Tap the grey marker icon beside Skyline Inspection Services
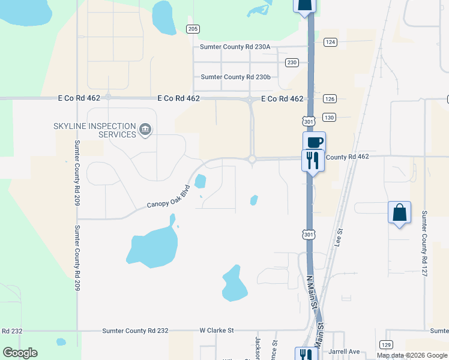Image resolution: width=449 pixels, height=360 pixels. (145, 130)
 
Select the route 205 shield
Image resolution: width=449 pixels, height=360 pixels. (193, 29)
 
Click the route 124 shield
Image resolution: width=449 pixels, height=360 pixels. (330, 42)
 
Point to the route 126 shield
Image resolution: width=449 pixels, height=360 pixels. (330, 99)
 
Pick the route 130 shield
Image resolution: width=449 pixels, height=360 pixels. (328, 117)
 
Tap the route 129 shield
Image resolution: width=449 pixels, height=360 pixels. (386, 344)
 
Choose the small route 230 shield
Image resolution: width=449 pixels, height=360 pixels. (292, 62)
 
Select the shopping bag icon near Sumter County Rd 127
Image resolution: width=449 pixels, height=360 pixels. (399, 212)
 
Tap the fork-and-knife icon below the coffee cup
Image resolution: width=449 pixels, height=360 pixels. (312, 160)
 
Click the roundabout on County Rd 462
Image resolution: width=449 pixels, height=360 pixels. (252, 159)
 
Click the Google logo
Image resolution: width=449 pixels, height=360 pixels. (20, 353)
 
